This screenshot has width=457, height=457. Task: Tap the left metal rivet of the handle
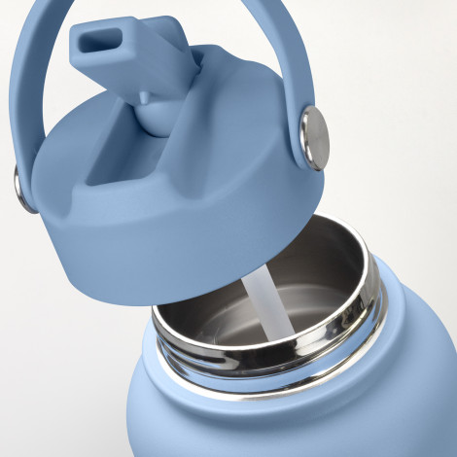pos(19,187)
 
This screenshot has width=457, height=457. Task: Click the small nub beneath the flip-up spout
pos(143,96)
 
